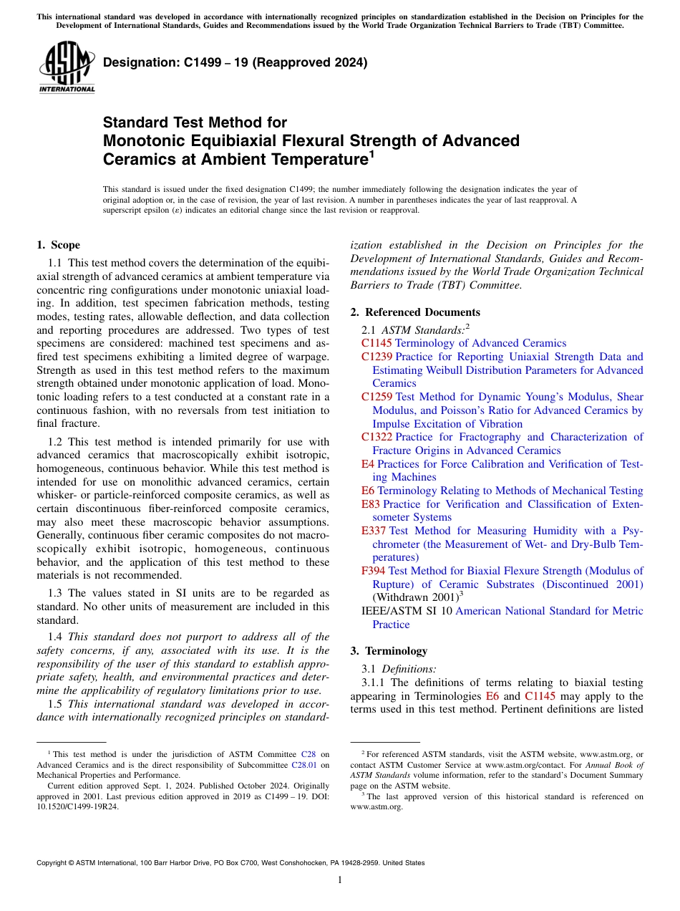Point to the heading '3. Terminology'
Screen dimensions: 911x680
pyautogui.click(x=389, y=651)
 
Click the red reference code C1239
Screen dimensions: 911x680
pyautogui.click(x=377, y=357)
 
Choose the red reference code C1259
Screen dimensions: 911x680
pyautogui.click(x=377, y=397)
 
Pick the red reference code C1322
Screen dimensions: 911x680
pyautogui.click(x=377, y=437)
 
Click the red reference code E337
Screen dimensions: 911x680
pyautogui.click(x=374, y=531)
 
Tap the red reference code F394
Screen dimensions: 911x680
pyautogui.click(x=374, y=571)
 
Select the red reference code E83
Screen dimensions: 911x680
pyautogui.click(x=371, y=504)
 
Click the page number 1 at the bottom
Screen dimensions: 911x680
pyautogui.click(x=340, y=880)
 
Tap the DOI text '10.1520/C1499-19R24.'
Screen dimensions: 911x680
pyautogui.click(x=78, y=806)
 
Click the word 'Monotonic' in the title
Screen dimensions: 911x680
pyautogui.click(x=147, y=140)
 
